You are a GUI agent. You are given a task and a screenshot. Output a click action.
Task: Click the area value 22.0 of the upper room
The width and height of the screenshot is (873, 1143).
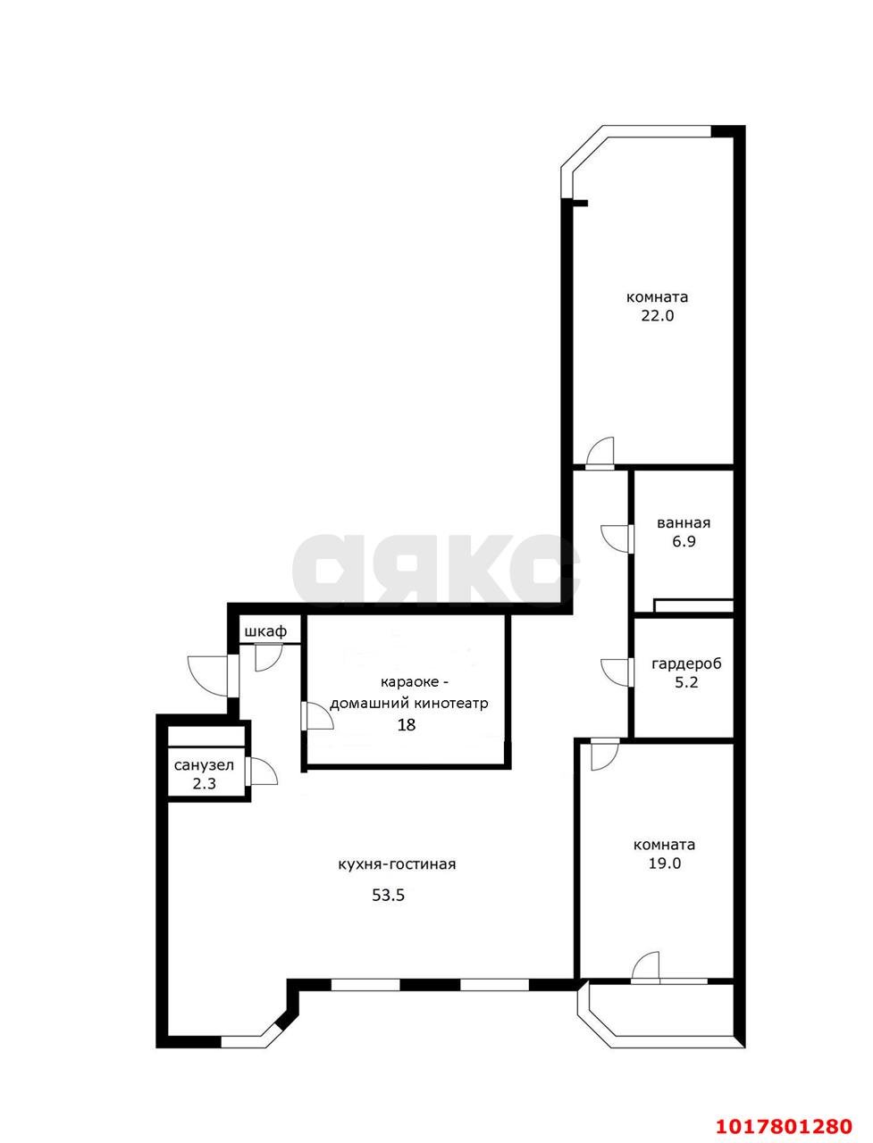tap(657, 316)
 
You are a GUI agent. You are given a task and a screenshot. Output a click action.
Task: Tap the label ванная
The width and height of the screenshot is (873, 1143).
tap(684, 523)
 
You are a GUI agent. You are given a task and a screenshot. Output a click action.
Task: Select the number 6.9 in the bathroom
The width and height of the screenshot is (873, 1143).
tap(684, 541)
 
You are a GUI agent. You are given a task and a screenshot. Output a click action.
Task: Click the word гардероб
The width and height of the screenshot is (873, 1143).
tap(686, 664)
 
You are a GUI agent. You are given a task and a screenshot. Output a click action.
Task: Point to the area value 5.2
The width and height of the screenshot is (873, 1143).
tap(686, 682)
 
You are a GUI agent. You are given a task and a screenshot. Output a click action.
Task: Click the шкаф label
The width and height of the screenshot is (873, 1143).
tap(265, 631)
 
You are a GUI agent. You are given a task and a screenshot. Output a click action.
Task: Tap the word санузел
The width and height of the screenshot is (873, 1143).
tap(205, 765)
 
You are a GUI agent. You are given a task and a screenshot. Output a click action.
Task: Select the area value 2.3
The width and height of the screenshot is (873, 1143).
tap(205, 783)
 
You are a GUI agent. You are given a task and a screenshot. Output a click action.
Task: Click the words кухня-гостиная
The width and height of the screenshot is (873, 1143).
tap(397, 865)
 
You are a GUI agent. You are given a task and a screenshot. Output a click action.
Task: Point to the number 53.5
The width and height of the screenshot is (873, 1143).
tap(388, 896)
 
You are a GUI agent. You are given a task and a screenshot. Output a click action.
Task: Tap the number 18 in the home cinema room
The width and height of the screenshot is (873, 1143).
tap(407, 725)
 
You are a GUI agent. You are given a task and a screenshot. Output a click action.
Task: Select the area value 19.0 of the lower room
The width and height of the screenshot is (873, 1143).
tap(665, 864)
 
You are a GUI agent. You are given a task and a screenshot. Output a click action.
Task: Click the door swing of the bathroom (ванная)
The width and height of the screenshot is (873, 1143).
tap(616, 538)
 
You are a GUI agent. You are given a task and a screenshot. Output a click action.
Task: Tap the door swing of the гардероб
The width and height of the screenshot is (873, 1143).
tap(616, 672)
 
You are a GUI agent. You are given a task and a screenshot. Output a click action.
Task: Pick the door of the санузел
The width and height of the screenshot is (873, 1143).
tap(263, 772)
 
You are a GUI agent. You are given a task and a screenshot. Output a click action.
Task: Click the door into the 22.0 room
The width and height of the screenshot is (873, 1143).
tap(600, 453)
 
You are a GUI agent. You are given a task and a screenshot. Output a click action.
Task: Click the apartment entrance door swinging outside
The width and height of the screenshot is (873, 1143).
tap(207, 675)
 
